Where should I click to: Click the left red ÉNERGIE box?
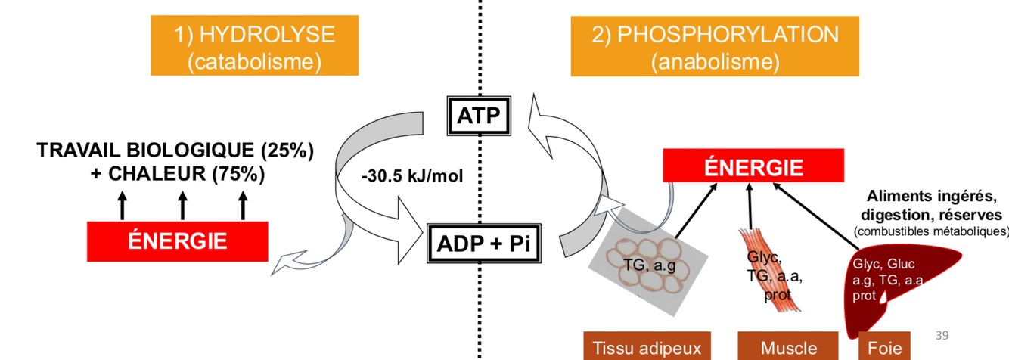[178, 241]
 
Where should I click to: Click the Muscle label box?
[789, 347]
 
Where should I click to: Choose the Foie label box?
[880, 347]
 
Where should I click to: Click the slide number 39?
[942, 335]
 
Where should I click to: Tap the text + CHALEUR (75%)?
[178, 174]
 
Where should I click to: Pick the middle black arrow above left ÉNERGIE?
[182, 205]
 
